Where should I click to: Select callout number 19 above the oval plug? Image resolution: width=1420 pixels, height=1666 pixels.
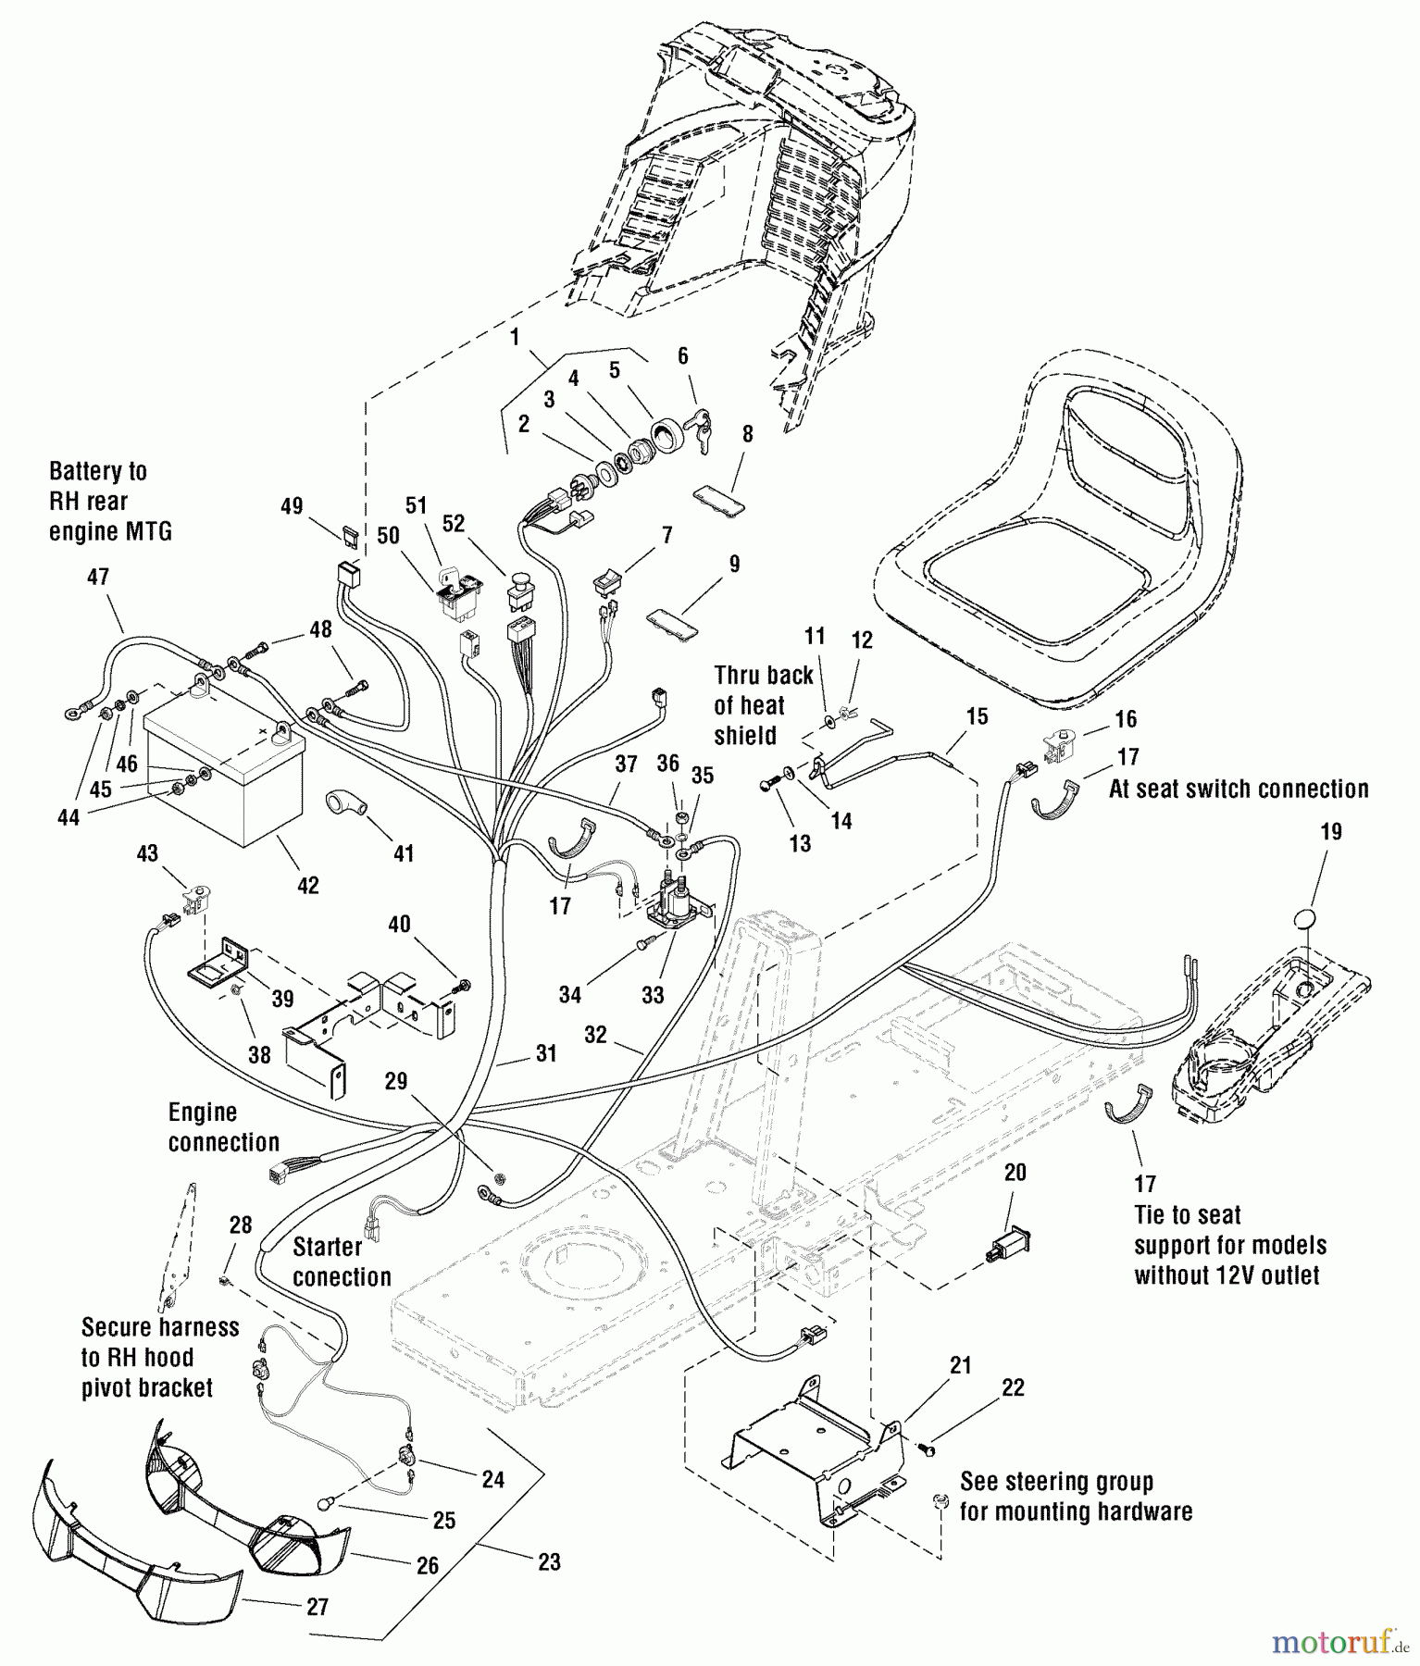coord(1330,831)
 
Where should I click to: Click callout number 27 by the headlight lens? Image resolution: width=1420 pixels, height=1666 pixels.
coord(318,1607)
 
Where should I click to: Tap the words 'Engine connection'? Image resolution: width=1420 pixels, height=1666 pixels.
coord(223,1127)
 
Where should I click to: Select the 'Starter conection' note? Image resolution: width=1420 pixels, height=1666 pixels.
coord(342,1262)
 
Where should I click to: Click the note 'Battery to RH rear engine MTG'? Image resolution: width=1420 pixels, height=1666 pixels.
coord(110,501)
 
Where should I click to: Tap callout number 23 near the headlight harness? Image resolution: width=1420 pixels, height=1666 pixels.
coord(549,1562)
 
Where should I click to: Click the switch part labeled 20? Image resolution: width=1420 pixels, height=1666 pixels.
coord(1008,1240)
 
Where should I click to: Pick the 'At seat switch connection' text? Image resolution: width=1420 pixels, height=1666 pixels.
coord(1239,789)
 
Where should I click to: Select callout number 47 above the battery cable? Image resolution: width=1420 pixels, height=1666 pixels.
coord(97,577)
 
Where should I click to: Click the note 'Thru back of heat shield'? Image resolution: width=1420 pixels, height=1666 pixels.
coord(763,704)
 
